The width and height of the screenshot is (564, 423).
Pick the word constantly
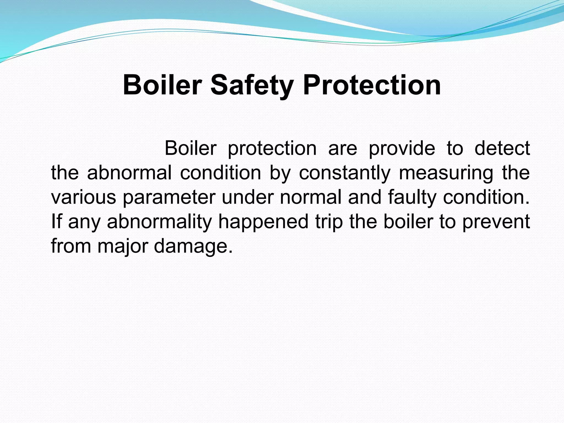345,173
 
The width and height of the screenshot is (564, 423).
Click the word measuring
446,173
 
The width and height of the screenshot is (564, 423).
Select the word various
83,197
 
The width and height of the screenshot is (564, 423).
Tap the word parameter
169,198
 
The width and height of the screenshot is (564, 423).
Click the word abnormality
159,222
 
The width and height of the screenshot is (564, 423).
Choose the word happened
263,222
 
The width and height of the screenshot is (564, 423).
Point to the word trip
329,222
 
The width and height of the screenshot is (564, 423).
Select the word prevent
496,222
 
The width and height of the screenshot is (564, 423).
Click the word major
122,246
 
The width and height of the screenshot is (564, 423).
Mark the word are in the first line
343,149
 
